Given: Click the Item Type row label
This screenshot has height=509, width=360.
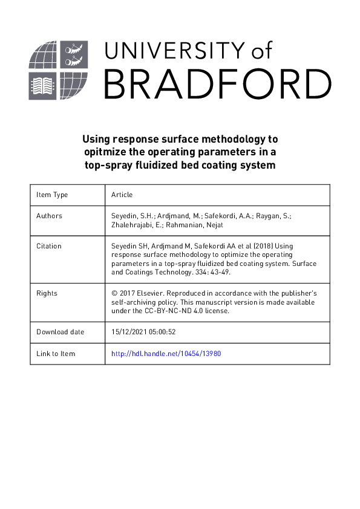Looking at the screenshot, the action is (x=52, y=195).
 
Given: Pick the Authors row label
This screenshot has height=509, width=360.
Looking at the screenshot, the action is (x=49, y=216).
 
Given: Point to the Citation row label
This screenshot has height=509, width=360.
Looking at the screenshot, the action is (x=49, y=246).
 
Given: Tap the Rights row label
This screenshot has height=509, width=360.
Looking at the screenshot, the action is (x=47, y=293).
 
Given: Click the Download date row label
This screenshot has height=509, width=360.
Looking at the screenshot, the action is (x=61, y=332).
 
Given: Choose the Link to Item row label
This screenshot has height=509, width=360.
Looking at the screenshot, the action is (x=56, y=354).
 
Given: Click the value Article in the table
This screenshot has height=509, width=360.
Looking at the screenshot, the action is (x=122, y=195).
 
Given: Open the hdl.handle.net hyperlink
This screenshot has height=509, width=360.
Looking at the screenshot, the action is (x=166, y=354).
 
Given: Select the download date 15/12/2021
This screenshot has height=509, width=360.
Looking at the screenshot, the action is (x=130, y=332).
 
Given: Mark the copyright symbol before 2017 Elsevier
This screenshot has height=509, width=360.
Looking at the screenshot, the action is (x=114, y=293).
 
